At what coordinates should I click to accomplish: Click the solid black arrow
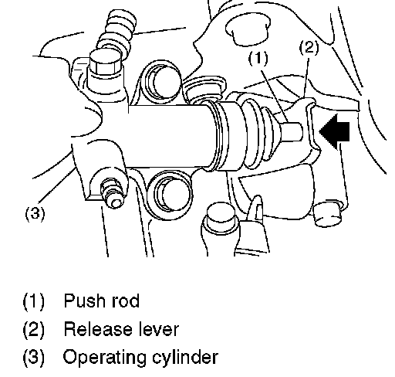pyautogui.click(x=334, y=131)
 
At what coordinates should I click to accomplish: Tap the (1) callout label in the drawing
pyautogui.click(x=258, y=58)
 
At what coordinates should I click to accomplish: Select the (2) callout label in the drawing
pyautogui.click(x=309, y=47)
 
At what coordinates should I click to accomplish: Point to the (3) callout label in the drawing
pyautogui.click(x=35, y=213)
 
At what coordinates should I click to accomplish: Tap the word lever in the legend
pyautogui.click(x=159, y=329)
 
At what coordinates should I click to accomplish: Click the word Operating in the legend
pyautogui.click(x=105, y=358)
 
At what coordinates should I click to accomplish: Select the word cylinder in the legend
pyautogui.click(x=185, y=357)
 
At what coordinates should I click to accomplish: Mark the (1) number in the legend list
pyautogui.click(x=34, y=301)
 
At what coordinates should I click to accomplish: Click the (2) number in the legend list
pyautogui.click(x=34, y=329)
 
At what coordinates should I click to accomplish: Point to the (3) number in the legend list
pyautogui.click(x=34, y=358)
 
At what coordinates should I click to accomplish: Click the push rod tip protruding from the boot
pyautogui.click(x=291, y=131)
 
